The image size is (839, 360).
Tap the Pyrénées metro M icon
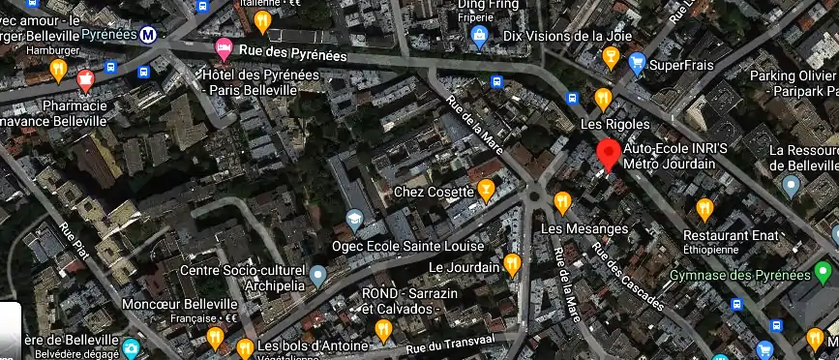pyautogui.click(x=148, y=34)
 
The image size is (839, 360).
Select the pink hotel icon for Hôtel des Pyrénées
pyautogui.click(x=224, y=47)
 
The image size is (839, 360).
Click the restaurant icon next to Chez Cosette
pyautogui.click(x=486, y=188)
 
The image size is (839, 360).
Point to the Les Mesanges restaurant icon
pyautogui.click(x=562, y=201)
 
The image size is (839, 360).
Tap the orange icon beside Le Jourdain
pyautogui.click(x=512, y=263)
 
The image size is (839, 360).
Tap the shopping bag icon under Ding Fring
pyautogui.click(x=478, y=36)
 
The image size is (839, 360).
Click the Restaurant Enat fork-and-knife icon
pyautogui.click(x=704, y=208)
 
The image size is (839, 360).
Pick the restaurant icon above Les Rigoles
pyautogui.click(x=602, y=99)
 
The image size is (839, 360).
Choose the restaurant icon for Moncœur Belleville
pyautogui.click(x=214, y=338)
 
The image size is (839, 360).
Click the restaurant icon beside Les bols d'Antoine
pyautogui.click(x=245, y=347)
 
